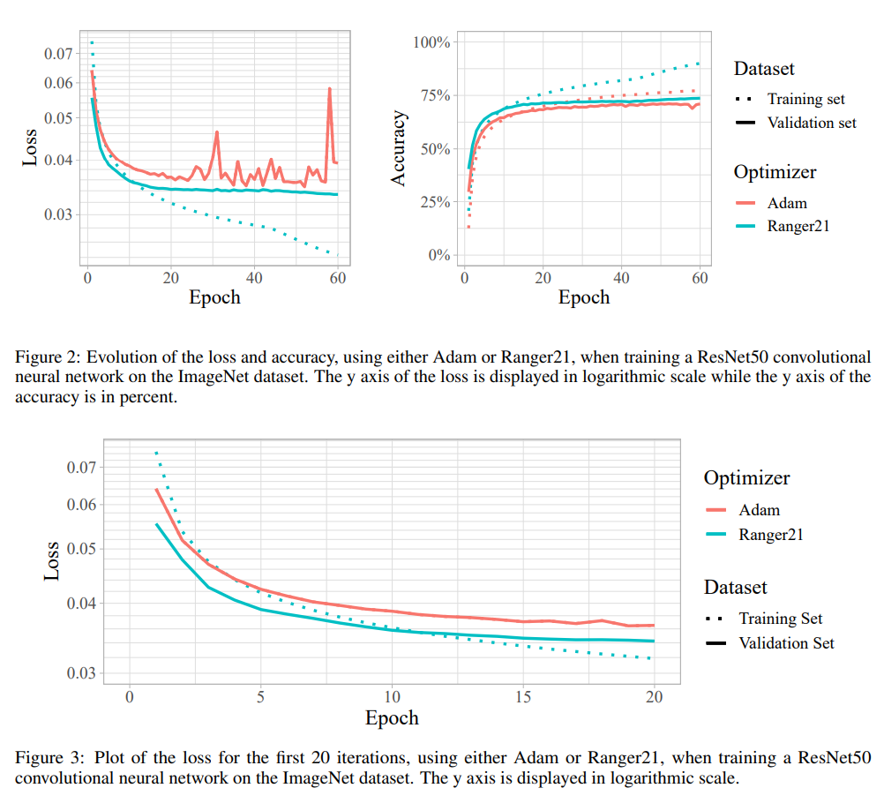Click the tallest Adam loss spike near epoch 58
pos(329,89)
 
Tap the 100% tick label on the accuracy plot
pos(432,42)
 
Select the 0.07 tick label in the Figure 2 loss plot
pos(57,54)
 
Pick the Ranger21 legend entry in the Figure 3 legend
pos(771,535)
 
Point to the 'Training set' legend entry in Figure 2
pos(805,99)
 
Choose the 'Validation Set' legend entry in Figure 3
pos(786,643)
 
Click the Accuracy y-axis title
pos(399,148)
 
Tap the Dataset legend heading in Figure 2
pos(764,69)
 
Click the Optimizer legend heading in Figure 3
pos(746,478)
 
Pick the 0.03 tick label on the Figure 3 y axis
pos(85,673)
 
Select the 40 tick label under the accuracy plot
pos(622,277)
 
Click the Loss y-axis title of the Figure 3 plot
pos(52,559)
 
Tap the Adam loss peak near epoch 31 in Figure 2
pos(216,132)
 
